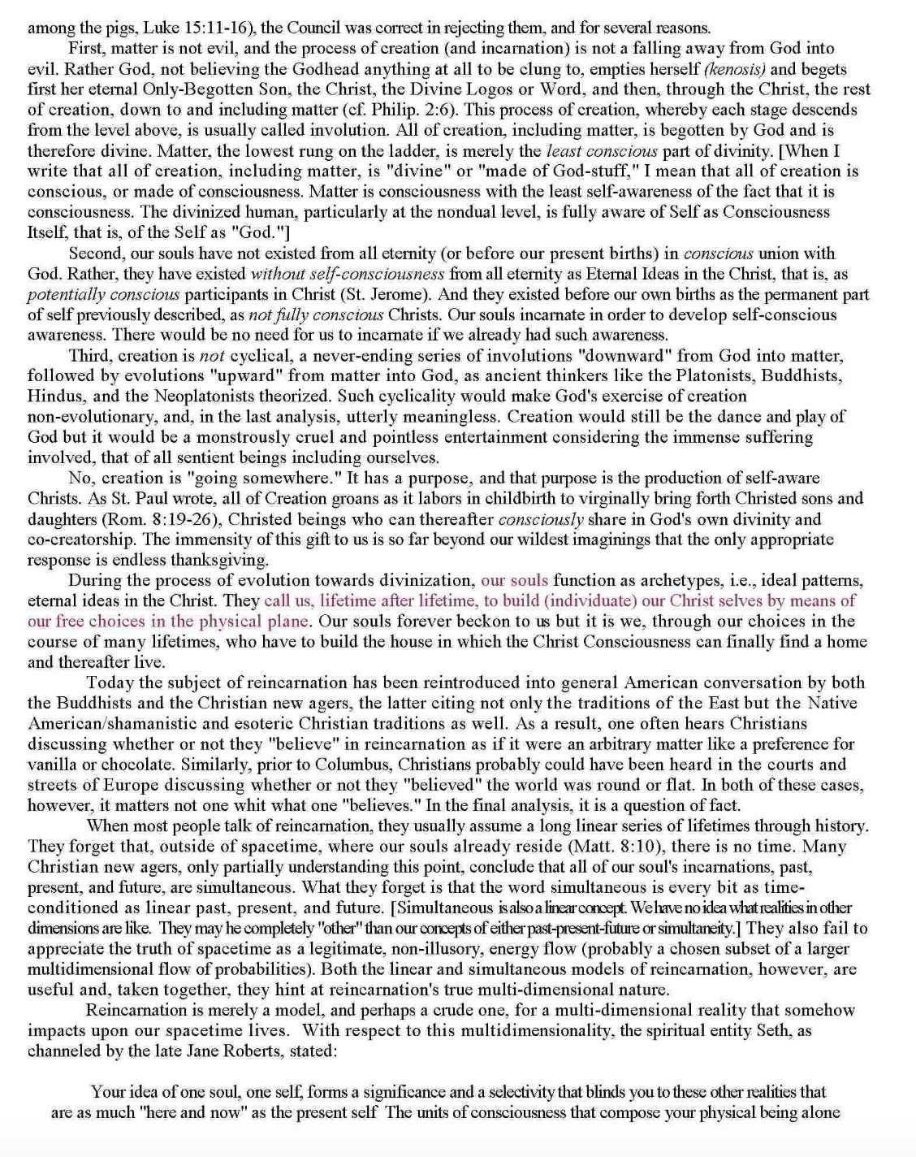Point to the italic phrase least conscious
click(x=601, y=151)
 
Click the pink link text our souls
click(x=515, y=581)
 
